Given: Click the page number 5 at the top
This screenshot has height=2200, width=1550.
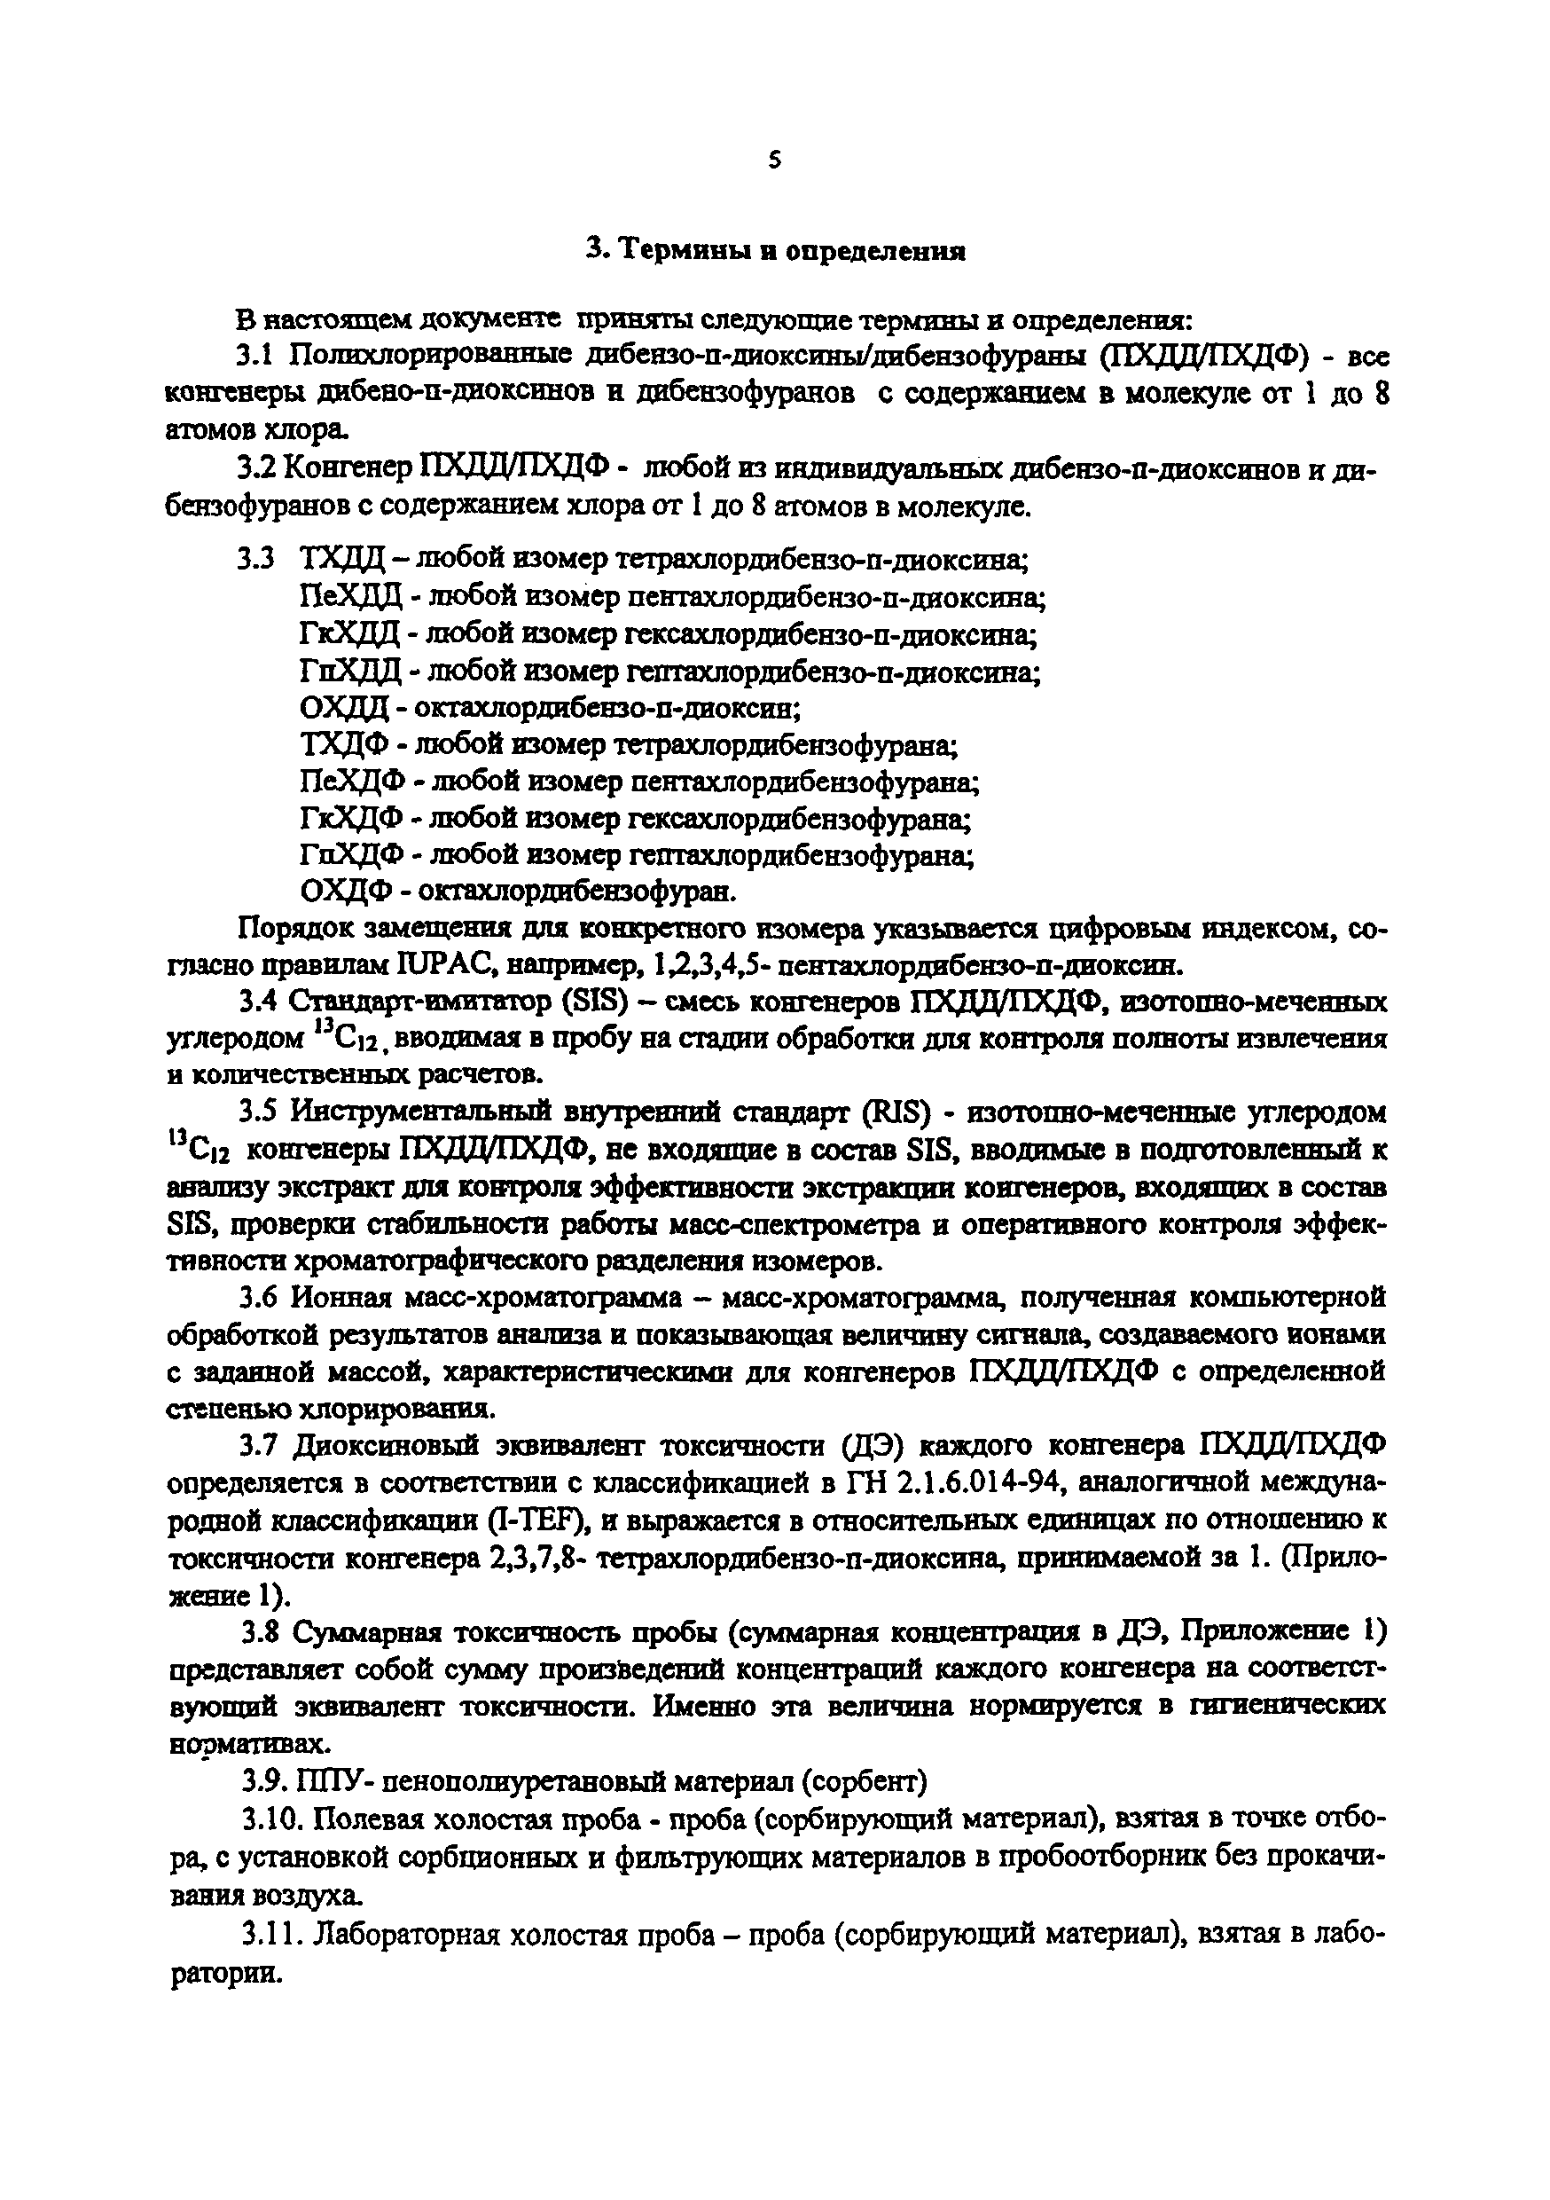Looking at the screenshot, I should tap(774, 161).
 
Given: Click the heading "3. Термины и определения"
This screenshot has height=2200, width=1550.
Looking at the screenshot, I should tap(775, 251).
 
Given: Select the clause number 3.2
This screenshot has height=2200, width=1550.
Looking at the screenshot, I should tap(257, 467).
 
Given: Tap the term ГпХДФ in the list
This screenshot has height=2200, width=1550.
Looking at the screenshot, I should tap(350, 854).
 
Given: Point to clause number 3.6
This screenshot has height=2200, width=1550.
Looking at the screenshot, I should tap(258, 1299).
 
